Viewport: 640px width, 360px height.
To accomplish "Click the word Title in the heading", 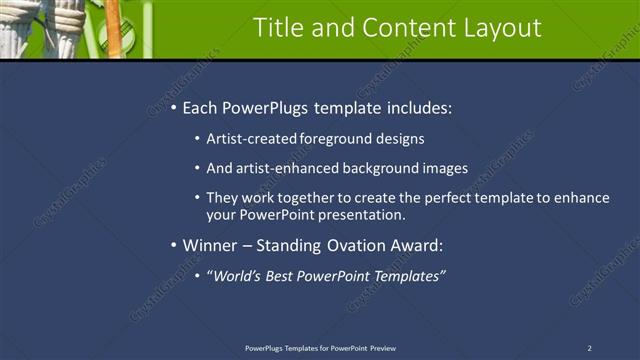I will pos(280,28).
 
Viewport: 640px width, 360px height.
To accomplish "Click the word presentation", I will pos(363,214).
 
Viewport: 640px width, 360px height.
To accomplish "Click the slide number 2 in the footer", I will pos(589,348).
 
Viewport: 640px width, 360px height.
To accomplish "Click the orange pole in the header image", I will pos(114,28).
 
